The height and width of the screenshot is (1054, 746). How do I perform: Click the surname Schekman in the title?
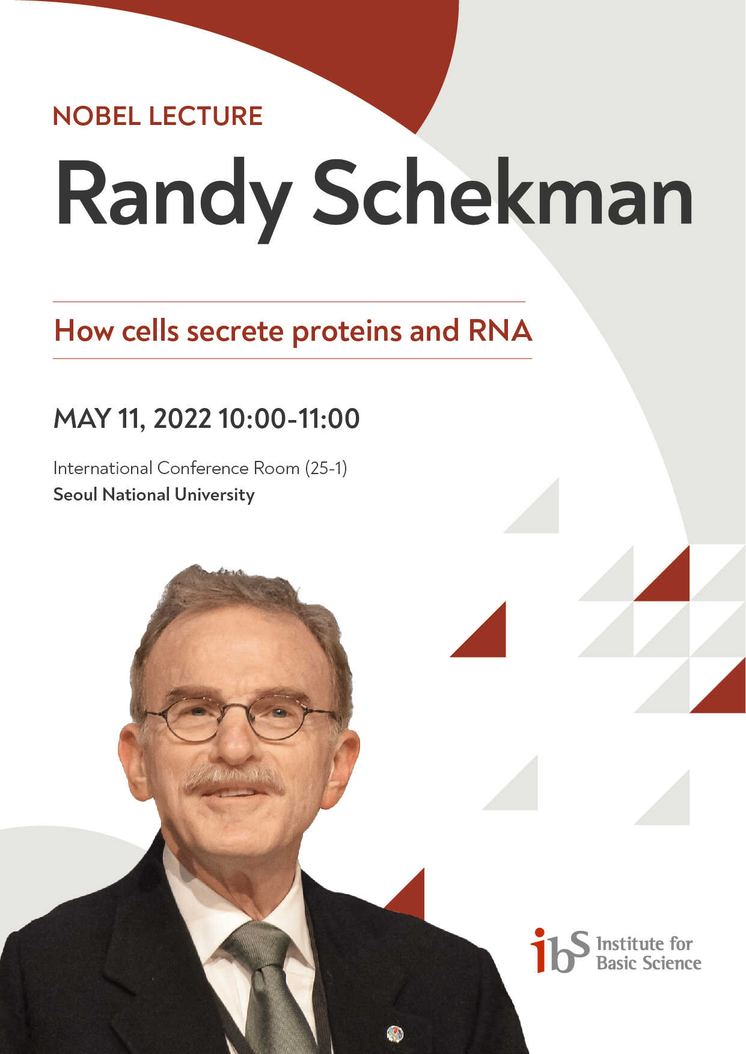[503, 193]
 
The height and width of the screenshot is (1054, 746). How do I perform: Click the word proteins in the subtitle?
[347, 332]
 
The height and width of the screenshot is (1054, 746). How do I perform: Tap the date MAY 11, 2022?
[132, 419]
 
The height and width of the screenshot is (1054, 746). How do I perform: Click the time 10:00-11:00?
[289, 418]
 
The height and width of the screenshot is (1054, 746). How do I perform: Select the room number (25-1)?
[326, 468]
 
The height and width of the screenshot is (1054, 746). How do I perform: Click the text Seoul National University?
[154, 495]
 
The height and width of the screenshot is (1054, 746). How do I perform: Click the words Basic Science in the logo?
[649, 963]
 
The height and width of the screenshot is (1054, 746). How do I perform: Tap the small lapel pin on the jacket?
[395, 1034]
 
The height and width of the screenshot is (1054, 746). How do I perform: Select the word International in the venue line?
[103, 468]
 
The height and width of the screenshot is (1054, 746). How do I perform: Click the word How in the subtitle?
[84, 331]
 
